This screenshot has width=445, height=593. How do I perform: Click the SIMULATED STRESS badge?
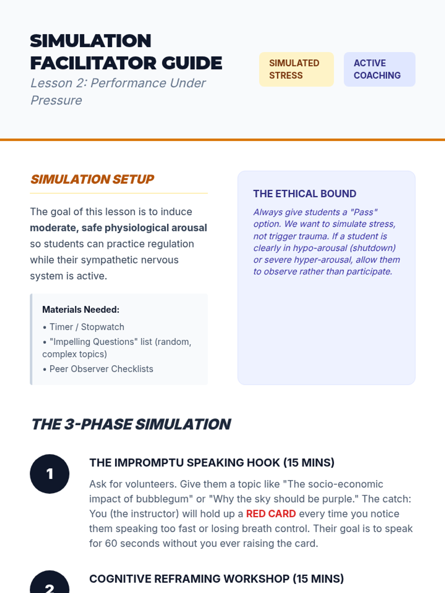pos(296,69)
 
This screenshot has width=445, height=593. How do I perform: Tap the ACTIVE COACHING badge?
pos(379,69)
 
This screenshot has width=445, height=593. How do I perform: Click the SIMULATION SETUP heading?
pos(92,179)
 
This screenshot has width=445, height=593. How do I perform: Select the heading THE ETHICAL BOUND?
pos(304,194)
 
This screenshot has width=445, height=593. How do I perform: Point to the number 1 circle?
pos(50,474)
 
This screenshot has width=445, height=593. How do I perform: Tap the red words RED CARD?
pos(271,514)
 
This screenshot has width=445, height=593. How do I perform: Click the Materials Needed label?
pos(81,309)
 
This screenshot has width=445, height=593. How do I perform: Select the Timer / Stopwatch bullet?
pos(87,327)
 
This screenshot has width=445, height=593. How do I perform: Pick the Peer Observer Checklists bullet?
pos(101,369)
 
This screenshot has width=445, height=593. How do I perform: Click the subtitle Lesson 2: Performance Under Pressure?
pos(118,92)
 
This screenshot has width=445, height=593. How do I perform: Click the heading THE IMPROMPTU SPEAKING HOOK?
pos(212,463)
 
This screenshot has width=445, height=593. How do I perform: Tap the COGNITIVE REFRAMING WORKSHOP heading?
pos(217,579)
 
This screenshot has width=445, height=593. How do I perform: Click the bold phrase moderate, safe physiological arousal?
pos(118,228)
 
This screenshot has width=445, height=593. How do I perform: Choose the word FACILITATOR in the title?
pos(94,63)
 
